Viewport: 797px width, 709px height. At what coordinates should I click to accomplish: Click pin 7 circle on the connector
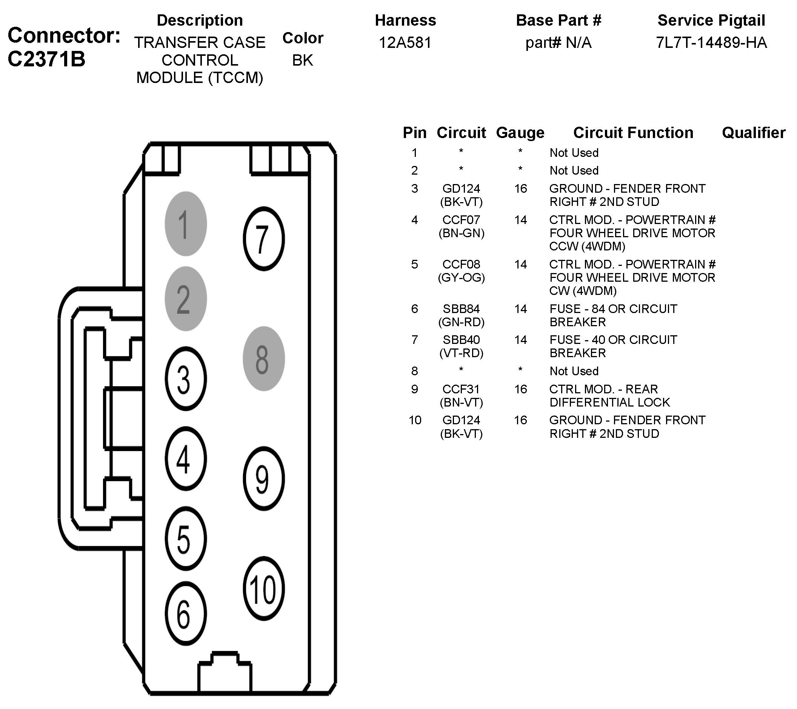(x=263, y=239)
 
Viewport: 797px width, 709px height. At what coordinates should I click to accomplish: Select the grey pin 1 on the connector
(x=186, y=224)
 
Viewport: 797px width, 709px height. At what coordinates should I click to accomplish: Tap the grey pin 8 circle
(x=263, y=359)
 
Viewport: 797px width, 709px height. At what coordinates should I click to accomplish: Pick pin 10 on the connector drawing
(x=263, y=589)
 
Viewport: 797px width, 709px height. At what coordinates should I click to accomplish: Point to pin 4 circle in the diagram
(x=186, y=458)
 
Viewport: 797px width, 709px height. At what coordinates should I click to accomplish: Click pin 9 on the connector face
(x=263, y=479)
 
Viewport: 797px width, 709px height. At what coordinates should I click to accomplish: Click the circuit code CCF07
(x=461, y=220)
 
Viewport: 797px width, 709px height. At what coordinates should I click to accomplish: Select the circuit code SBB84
(x=461, y=309)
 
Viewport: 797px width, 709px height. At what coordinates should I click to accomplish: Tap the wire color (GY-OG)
(x=461, y=278)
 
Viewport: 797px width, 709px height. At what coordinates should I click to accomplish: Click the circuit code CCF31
(x=461, y=389)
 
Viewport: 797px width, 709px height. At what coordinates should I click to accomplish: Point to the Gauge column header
(x=520, y=133)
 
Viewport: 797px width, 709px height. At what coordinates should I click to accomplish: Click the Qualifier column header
(x=753, y=133)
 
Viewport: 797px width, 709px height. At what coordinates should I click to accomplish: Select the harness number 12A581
(x=405, y=43)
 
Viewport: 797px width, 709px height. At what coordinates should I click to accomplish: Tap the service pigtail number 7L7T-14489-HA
(x=711, y=43)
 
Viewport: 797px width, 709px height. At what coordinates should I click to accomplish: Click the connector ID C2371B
(x=46, y=59)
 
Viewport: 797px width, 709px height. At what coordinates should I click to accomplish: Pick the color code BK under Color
(x=303, y=60)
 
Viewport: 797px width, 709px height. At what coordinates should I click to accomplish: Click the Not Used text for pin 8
(x=574, y=371)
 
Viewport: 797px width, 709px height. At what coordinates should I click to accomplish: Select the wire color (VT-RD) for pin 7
(x=461, y=353)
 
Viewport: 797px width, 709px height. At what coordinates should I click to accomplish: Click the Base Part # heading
(x=559, y=20)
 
